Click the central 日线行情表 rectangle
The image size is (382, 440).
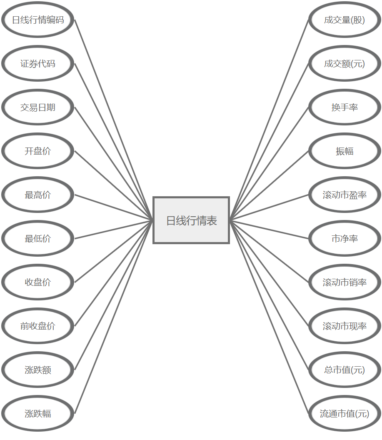(x=191, y=220)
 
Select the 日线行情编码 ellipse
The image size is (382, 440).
(x=38, y=20)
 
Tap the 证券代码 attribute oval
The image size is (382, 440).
(x=38, y=63)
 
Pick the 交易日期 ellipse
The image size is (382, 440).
(x=38, y=107)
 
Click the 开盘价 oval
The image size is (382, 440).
(x=38, y=151)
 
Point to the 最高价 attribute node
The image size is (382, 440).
(x=38, y=195)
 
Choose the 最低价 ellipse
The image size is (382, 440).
(x=38, y=238)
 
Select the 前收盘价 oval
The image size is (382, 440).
(x=38, y=326)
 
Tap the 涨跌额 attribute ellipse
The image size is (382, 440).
(x=38, y=370)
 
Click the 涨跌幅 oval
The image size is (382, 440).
(x=38, y=413)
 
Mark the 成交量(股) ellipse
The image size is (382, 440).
(x=345, y=20)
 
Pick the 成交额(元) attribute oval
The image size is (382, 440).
(x=345, y=63)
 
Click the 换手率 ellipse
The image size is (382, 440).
(x=345, y=107)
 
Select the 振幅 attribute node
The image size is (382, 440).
(x=345, y=151)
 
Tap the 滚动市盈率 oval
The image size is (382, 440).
(x=345, y=195)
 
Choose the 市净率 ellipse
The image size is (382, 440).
(x=345, y=238)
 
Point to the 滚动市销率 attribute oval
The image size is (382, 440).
(x=345, y=282)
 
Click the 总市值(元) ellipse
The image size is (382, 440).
(x=345, y=370)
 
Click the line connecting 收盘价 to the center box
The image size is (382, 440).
(x=113, y=251)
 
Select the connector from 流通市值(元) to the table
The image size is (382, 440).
(x=269, y=317)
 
